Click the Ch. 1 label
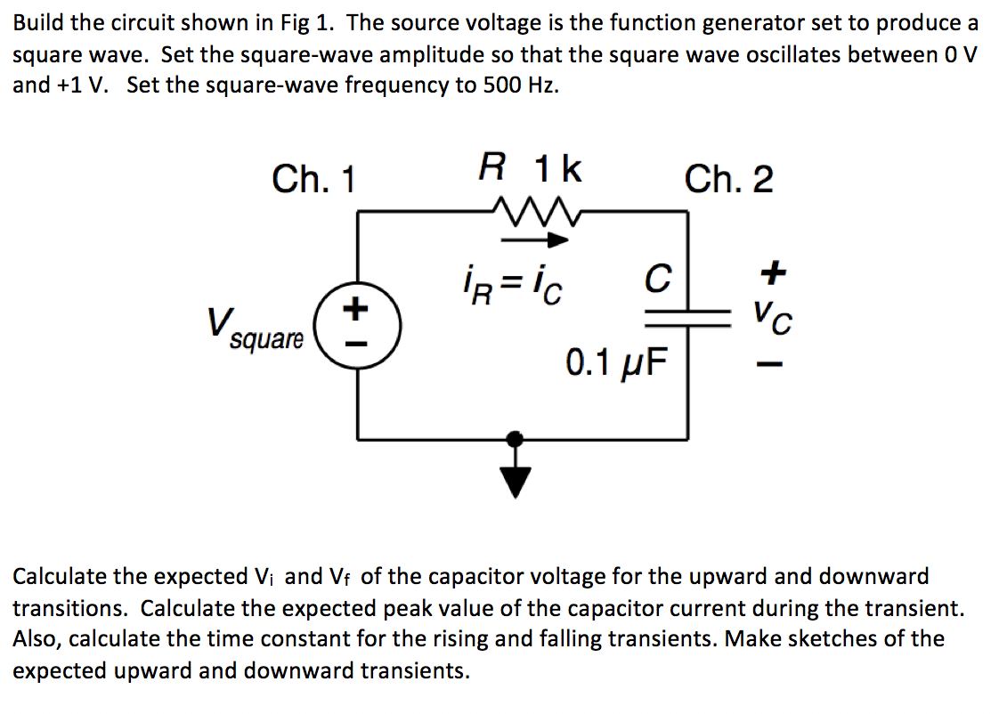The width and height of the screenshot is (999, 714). tap(313, 180)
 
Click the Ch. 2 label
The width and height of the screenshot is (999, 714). tap(728, 180)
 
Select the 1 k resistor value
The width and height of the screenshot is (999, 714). tap(557, 168)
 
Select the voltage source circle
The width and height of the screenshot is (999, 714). tap(358, 324)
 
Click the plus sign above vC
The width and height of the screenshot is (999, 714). tap(774, 274)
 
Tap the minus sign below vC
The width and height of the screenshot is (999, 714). tap(773, 364)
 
